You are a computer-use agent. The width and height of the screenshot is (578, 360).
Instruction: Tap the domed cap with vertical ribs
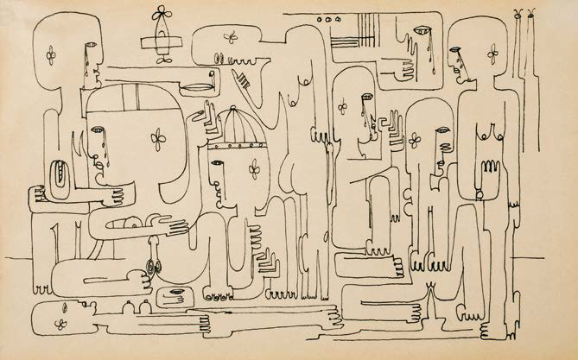(236, 127)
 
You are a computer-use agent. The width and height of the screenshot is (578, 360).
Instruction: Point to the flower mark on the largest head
(158, 138)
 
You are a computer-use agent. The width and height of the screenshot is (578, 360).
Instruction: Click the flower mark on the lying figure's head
(60, 324)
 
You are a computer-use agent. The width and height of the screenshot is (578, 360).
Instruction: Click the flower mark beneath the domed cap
(255, 168)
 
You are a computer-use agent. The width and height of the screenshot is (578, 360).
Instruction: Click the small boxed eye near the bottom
(175, 291)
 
